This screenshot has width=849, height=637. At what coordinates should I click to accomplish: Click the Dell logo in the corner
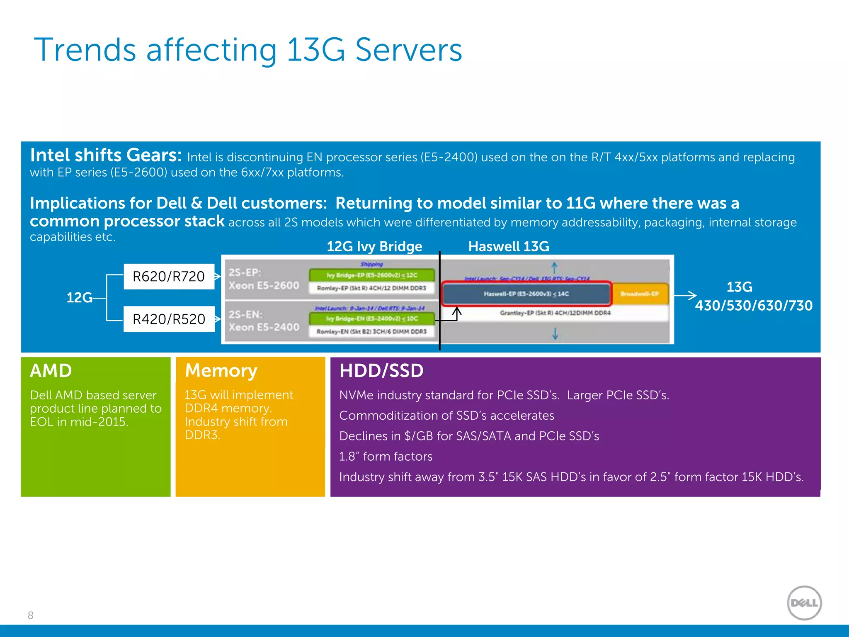(804, 603)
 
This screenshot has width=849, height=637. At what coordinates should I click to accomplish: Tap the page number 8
(30, 615)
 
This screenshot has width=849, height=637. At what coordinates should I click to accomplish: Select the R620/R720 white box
(169, 276)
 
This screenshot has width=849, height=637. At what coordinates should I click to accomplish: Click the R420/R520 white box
(169, 319)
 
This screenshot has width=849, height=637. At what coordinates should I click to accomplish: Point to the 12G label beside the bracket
(79, 297)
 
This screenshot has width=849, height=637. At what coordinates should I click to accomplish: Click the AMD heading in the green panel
(51, 370)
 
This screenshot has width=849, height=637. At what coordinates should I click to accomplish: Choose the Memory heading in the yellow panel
(221, 370)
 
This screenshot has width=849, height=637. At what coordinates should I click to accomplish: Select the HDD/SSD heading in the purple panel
(381, 370)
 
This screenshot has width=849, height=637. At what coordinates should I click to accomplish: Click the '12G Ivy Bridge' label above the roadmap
(374, 246)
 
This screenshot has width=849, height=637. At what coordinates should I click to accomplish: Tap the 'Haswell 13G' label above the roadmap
(509, 246)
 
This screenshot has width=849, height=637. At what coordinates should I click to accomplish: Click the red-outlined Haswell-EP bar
(526, 294)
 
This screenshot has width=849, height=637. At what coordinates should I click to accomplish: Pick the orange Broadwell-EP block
(640, 294)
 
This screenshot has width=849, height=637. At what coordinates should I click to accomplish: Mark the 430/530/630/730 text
(754, 306)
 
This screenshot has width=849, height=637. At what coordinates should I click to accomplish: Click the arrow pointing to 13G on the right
(685, 295)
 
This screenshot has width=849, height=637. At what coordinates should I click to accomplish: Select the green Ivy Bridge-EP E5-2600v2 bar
(372, 275)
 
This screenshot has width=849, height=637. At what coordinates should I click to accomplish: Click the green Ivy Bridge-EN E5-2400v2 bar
(372, 318)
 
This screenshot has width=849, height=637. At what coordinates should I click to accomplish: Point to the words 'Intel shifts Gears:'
(106, 155)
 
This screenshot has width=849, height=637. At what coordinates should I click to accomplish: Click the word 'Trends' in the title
(85, 50)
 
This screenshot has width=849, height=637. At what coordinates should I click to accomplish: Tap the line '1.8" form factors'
(386, 456)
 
